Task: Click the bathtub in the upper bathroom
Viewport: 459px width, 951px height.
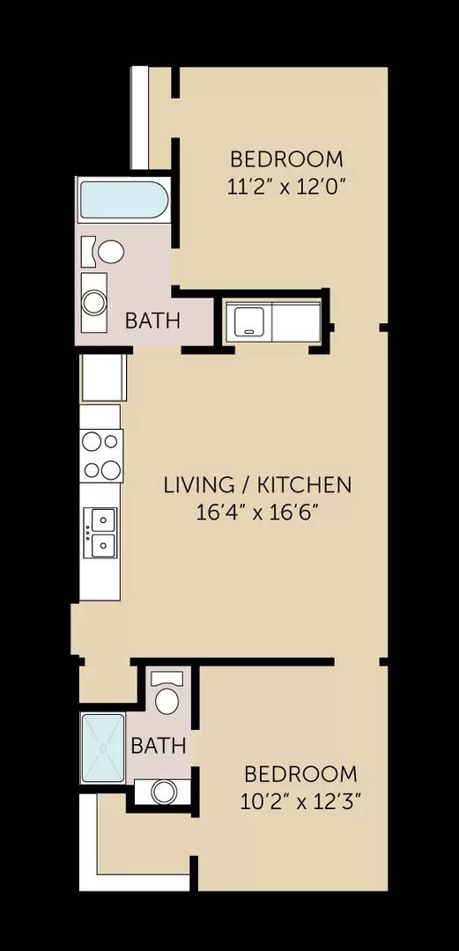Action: pyautogui.click(x=123, y=201)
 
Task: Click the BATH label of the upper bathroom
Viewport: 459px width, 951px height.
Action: pyautogui.click(x=152, y=321)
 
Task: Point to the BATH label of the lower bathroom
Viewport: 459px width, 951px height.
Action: pyautogui.click(x=159, y=746)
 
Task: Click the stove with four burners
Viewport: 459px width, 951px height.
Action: pyautogui.click(x=101, y=455)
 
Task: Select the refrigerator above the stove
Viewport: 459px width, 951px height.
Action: pyautogui.click(x=104, y=378)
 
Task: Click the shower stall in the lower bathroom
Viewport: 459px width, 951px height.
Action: pyautogui.click(x=104, y=747)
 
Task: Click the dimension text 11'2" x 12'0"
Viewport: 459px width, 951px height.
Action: pyautogui.click(x=285, y=187)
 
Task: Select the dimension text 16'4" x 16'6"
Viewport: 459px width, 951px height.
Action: pyautogui.click(x=257, y=512)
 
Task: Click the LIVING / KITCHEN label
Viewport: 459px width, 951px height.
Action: pyautogui.click(x=257, y=484)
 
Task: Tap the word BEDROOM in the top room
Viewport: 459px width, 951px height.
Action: pyautogui.click(x=286, y=159)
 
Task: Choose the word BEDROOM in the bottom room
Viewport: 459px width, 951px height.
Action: pyautogui.click(x=300, y=775)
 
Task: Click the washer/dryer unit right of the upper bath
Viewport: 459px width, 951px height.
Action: pyautogui.click(x=272, y=321)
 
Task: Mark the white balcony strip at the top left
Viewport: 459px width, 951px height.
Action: pyautogui.click(x=139, y=117)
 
